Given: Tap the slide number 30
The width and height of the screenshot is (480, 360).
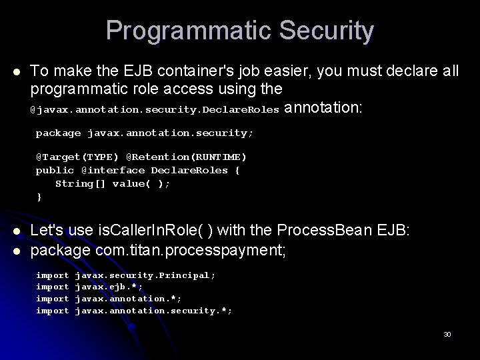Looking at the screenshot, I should pyautogui.click(x=447, y=334).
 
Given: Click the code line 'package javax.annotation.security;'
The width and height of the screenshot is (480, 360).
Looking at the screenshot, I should pyautogui.click(x=144, y=133).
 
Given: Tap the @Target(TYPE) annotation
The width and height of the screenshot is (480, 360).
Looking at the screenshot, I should pyautogui.click(x=77, y=157).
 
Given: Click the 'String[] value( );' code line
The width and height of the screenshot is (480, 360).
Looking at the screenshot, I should pyautogui.click(x=112, y=183).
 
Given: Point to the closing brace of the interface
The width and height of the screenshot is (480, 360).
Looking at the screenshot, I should pyautogui.click(x=39, y=197).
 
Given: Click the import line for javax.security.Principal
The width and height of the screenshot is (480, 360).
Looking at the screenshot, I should pyautogui.click(x=125, y=275).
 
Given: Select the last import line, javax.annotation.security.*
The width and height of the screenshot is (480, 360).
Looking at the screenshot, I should pyautogui.click(x=134, y=311).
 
